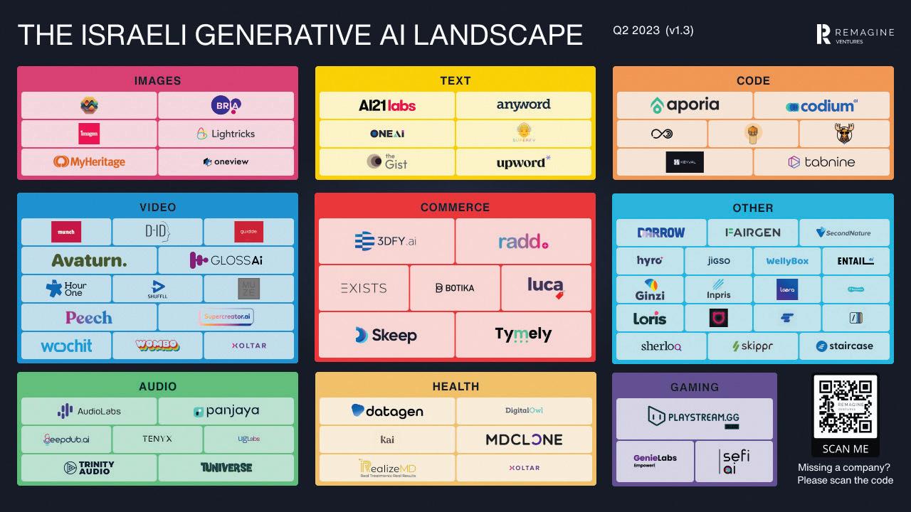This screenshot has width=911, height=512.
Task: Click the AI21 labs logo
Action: (x=387, y=105)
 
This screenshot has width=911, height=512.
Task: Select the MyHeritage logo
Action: (x=89, y=162)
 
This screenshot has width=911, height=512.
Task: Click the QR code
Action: (x=846, y=407)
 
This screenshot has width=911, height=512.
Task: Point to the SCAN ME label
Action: (x=846, y=449)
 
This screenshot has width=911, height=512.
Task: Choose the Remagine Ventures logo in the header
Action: (x=849, y=34)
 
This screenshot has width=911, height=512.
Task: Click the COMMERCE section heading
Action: (x=455, y=208)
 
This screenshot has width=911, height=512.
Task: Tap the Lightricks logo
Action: (x=226, y=134)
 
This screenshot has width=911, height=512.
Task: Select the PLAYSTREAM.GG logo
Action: (x=694, y=417)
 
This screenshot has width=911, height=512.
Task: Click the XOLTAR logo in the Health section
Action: (x=524, y=468)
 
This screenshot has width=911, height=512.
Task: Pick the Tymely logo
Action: (x=523, y=334)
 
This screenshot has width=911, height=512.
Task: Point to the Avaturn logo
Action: (x=89, y=261)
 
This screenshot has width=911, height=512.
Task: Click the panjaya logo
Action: (x=226, y=411)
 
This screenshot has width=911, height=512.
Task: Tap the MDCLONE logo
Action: (x=524, y=439)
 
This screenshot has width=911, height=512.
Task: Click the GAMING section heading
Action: (x=694, y=387)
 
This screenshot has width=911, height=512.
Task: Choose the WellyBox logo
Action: (x=787, y=261)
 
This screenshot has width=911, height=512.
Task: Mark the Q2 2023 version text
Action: (x=653, y=31)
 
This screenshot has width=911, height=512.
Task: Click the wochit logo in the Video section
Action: (x=66, y=346)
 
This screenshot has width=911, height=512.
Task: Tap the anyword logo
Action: (x=523, y=105)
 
